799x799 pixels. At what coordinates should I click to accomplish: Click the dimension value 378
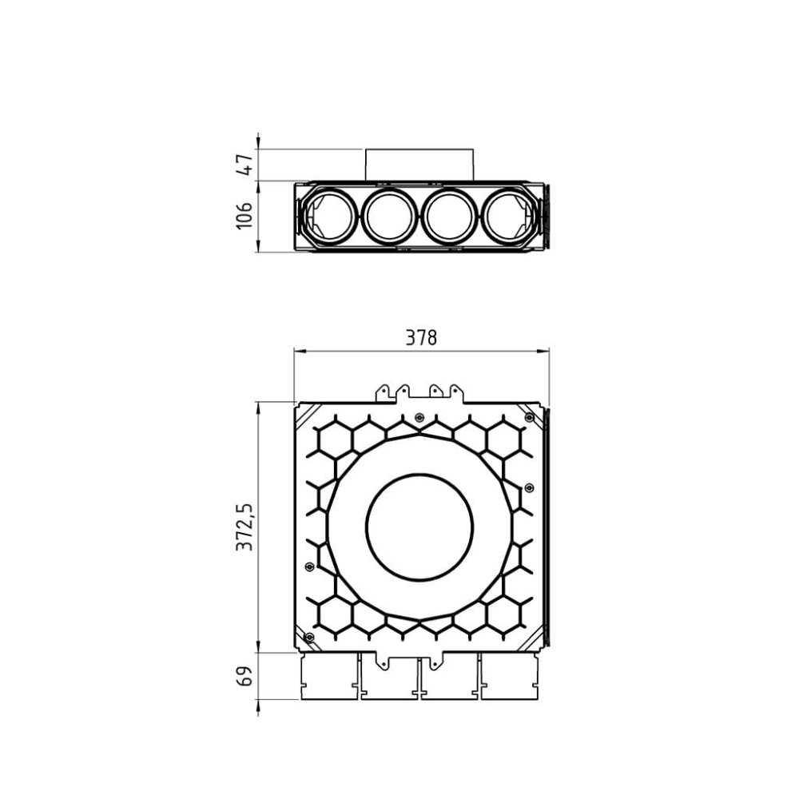(421, 338)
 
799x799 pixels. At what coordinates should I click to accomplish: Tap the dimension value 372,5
(245, 527)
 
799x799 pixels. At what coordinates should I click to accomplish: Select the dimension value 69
(245, 676)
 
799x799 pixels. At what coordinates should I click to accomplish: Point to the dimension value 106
(245, 216)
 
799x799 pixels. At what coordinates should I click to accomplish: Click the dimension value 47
(245, 165)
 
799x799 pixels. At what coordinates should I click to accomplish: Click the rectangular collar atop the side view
(419, 165)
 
